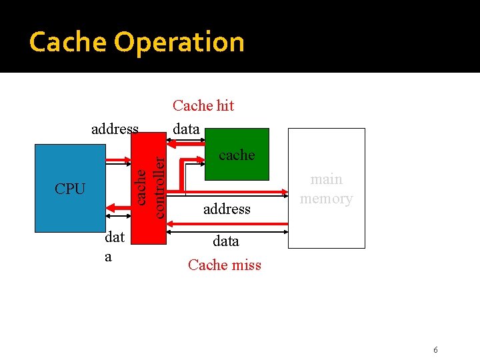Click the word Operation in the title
click(x=179, y=43)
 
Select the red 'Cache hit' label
click(x=203, y=105)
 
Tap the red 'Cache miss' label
click(x=225, y=265)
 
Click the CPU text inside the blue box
click(x=70, y=189)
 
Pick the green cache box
click(x=236, y=155)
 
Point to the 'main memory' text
click(x=326, y=189)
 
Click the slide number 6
click(x=435, y=350)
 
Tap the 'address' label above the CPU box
click(x=115, y=129)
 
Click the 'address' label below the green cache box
click(x=227, y=209)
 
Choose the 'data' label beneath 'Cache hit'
click(x=186, y=129)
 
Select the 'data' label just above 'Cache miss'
click(x=225, y=241)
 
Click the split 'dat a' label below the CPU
click(x=115, y=246)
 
